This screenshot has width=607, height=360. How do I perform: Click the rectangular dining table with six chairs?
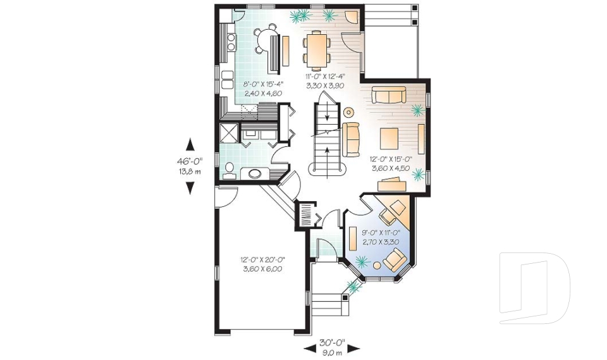coord(315,50)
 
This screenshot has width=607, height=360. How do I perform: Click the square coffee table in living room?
coord(389,137)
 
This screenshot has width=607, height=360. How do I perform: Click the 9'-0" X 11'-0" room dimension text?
coord(381,237)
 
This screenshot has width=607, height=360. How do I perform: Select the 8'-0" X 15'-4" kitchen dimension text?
coord(264,88)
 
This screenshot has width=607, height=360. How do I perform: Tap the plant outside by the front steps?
coord(353,288)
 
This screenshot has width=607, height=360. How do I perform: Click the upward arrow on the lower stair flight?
coord(326,150)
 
